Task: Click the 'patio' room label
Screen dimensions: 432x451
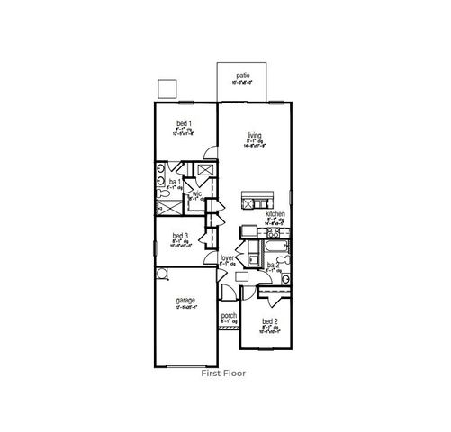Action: (x=242, y=76)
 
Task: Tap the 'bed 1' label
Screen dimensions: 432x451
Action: (x=184, y=122)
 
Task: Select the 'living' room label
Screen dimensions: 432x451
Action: (x=255, y=137)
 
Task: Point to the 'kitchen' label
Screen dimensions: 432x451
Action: (x=275, y=214)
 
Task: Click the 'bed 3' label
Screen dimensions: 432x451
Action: (x=180, y=237)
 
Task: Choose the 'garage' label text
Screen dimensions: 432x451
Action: (x=186, y=301)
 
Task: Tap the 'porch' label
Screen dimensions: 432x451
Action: (x=229, y=316)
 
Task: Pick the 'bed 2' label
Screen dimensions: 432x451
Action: (x=270, y=321)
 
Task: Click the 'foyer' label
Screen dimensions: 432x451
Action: (x=227, y=258)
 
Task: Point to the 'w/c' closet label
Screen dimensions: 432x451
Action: (x=195, y=193)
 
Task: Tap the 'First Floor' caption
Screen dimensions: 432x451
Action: (x=223, y=372)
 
